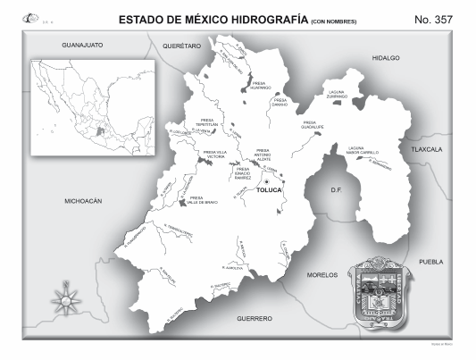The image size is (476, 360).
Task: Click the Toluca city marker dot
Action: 266,181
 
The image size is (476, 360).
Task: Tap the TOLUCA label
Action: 269,191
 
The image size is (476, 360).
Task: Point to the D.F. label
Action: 337,190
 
